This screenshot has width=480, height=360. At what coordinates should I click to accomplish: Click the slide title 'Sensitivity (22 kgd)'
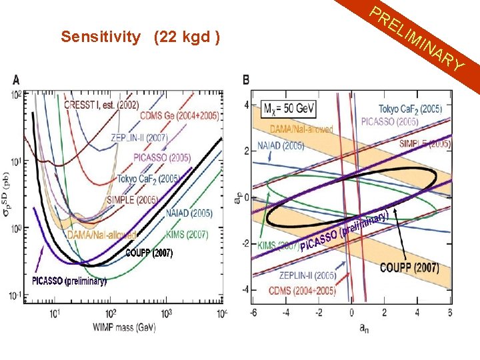(x=141, y=37)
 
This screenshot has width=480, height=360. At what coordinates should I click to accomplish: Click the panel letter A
(x=15, y=80)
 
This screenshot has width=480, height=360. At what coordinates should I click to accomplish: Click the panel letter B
(x=246, y=80)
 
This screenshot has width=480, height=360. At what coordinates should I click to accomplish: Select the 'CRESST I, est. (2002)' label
(x=101, y=104)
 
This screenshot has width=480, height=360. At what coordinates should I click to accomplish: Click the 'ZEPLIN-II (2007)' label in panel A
(x=140, y=137)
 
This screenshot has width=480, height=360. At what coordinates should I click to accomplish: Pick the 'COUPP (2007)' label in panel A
(x=149, y=253)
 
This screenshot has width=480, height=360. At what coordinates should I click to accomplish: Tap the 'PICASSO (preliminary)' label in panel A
(x=69, y=281)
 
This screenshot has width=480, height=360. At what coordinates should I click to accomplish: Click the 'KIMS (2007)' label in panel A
(x=186, y=235)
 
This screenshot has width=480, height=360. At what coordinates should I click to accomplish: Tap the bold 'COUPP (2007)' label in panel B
(x=409, y=268)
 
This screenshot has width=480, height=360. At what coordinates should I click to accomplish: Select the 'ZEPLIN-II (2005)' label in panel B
(x=307, y=275)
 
